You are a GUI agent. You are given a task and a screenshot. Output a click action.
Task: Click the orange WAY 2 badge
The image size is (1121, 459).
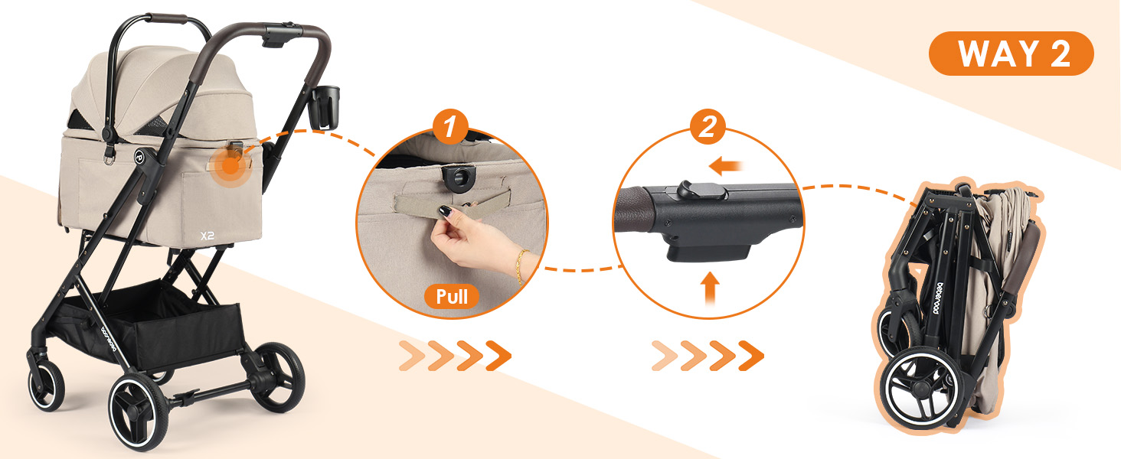[x=1011, y=54]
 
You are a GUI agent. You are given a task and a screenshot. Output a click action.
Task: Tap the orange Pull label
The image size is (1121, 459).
[x=452, y=297]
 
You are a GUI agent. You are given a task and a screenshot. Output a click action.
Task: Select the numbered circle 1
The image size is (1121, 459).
[x=450, y=127]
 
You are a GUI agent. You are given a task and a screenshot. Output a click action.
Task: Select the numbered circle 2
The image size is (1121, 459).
[x=708, y=127]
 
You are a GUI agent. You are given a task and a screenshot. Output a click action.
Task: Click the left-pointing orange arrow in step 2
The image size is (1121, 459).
[x=726, y=166]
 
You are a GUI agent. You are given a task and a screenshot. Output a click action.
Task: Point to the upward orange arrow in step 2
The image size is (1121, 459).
[x=710, y=288]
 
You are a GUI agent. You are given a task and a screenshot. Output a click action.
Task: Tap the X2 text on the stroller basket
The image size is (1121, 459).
[x=208, y=236]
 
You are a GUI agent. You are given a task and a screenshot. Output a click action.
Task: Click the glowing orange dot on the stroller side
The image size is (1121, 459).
[x=230, y=166]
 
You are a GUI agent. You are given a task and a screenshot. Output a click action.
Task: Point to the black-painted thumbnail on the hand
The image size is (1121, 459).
[x=444, y=211]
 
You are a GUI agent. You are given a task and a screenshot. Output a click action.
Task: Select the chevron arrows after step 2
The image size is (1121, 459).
[x=708, y=356]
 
